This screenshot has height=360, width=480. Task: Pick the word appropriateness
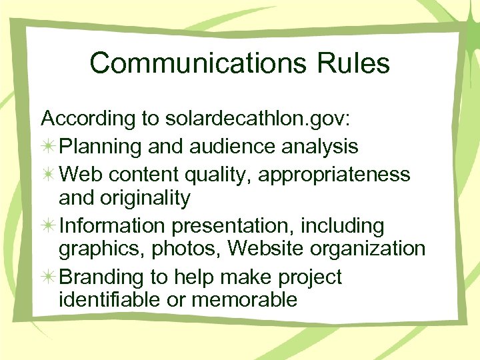click(x=334, y=175)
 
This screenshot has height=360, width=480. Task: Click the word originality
click(x=147, y=198)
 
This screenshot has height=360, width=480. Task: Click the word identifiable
click(x=111, y=300)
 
